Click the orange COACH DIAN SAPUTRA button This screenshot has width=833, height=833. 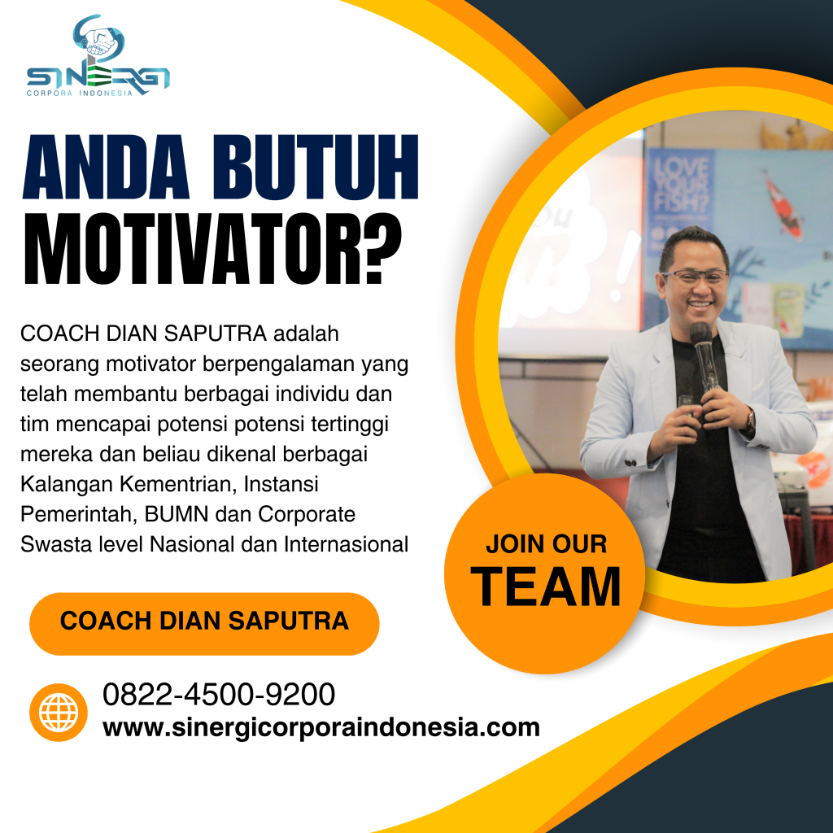point(204,622)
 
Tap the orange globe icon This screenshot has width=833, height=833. point(59,712)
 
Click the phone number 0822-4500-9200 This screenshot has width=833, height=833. point(219,696)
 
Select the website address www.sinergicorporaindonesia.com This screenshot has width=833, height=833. point(321,726)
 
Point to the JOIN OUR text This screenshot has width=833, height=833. point(547,543)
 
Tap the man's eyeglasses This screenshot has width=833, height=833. point(694,277)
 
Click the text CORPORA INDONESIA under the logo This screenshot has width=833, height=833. point(80,94)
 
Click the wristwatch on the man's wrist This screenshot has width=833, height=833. point(750,420)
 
